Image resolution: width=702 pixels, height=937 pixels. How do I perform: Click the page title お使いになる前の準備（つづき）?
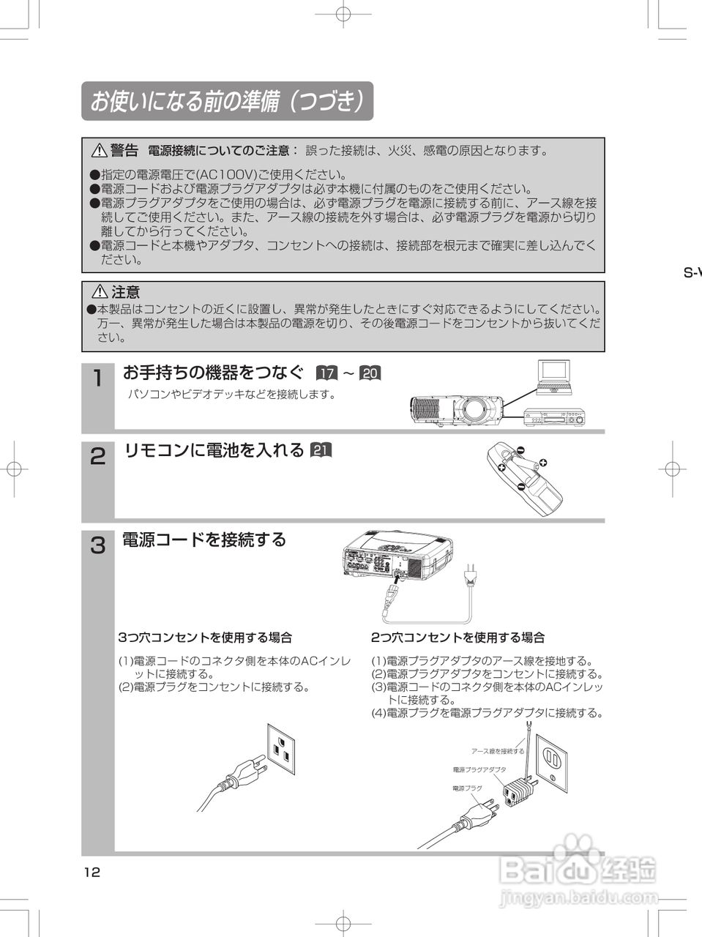(x=227, y=102)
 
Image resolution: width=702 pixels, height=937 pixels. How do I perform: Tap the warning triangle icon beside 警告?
(x=99, y=152)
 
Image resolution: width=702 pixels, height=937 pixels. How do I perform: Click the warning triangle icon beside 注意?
(x=99, y=292)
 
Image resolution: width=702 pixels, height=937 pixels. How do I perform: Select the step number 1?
(x=97, y=379)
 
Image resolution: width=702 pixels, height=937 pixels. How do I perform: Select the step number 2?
(x=97, y=457)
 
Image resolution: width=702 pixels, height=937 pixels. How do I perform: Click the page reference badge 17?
(x=326, y=373)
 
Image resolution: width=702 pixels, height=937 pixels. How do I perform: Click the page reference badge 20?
(x=370, y=373)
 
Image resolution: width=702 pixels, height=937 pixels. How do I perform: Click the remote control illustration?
(x=523, y=479)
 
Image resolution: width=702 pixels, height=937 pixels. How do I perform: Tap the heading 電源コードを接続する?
(x=203, y=540)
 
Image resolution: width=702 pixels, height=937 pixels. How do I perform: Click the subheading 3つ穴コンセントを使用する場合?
(x=205, y=638)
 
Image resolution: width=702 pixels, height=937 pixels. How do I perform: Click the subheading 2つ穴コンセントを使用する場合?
(x=458, y=638)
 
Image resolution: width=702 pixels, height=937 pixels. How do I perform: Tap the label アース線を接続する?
(x=498, y=751)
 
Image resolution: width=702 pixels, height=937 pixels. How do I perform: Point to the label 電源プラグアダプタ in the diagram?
(x=479, y=769)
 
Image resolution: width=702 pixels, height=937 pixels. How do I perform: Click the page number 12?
(x=92, y=872)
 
